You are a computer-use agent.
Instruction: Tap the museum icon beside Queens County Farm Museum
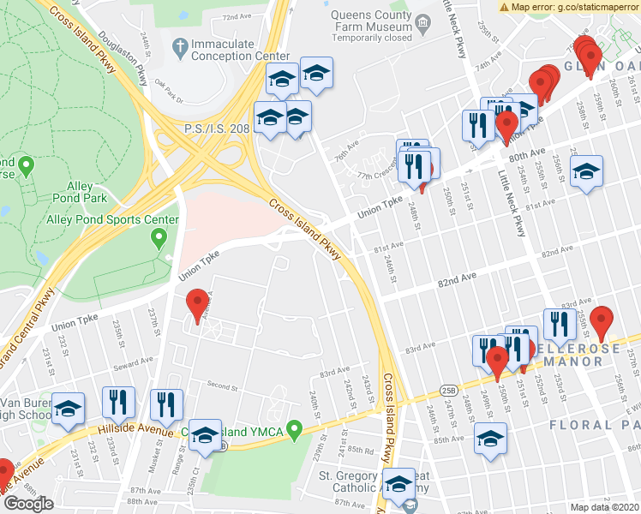(x=421, y=20)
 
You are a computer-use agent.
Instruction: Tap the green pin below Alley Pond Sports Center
(x=158, y=240)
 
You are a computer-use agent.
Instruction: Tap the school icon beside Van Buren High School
(x=68, y=409)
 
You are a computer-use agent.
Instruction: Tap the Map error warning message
(x=569, y=7)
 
